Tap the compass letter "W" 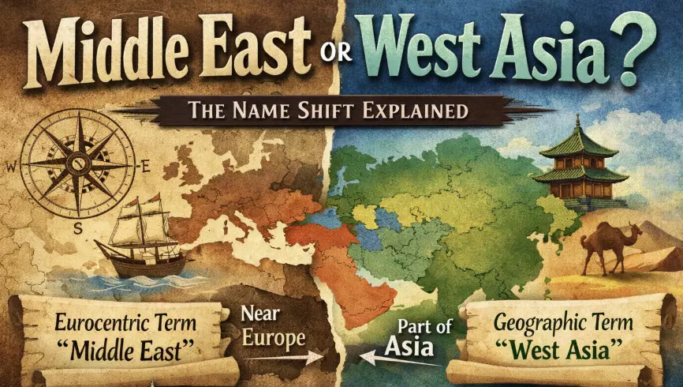coord(10,167)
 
